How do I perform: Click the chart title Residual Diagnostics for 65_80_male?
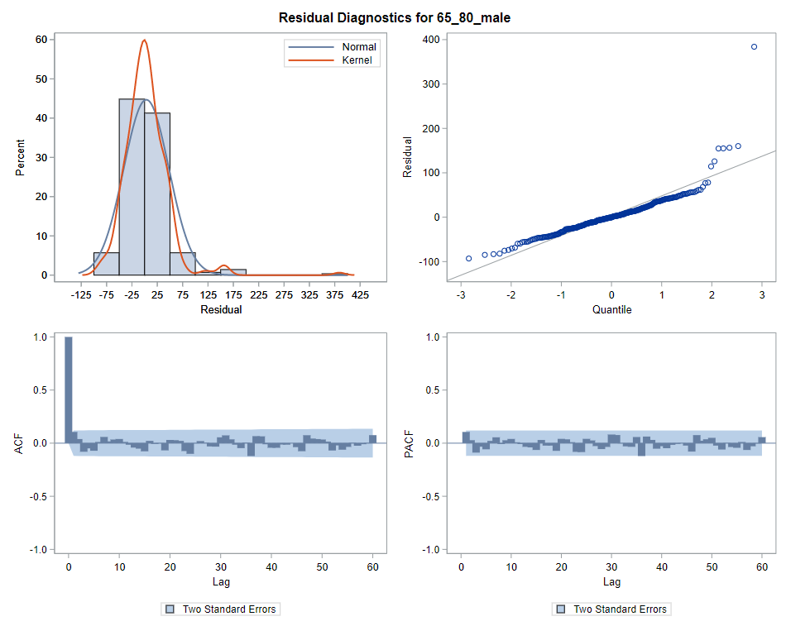(394, 17)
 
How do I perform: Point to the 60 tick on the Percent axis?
(39, 40)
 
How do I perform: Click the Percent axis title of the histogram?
(20, 157)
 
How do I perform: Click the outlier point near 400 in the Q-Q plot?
(754, 47)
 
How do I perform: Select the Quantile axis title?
(611, 310)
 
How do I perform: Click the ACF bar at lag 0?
(69, 389)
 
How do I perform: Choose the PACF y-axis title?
(410, 443)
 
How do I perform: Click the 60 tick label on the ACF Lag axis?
(372, 567)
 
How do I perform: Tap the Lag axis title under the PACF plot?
(611, 582)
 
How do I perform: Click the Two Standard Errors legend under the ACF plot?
(221, 609)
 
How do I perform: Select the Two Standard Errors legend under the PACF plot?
(611, 609)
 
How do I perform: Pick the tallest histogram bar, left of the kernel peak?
(132, 187)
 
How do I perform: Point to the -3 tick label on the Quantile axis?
(462, 294)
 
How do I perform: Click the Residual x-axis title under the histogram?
(221, 310)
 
